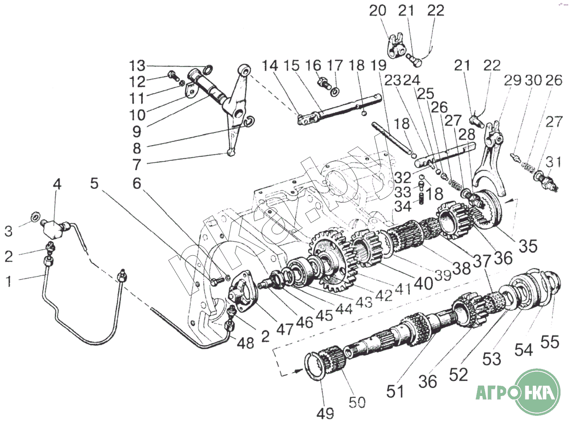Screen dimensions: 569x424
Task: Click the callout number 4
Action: tap(57, 184)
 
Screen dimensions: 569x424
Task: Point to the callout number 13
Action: tap(137, 65)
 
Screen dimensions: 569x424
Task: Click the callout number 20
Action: tap(378, 11)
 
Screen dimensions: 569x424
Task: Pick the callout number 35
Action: tap(528, 246)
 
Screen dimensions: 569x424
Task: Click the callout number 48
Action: tap(246, 343)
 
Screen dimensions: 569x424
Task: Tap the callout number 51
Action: tap(395, 391)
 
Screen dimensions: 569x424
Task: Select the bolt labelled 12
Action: tap(173, 75)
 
